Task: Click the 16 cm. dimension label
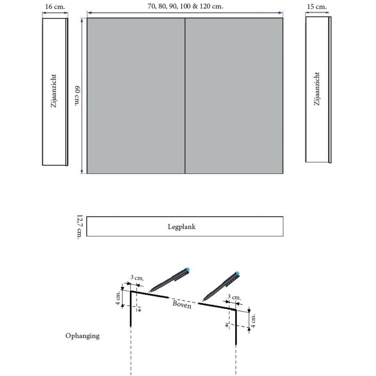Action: coord(54,7)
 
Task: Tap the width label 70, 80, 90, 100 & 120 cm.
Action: coord(185,7)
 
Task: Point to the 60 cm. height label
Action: coord(77,95)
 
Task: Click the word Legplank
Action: coord(184,227)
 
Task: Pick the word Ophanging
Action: coord(83,335)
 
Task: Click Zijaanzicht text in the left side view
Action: coord(53,92)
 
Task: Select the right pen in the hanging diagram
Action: coord(222,286)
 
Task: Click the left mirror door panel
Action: coord(136,95)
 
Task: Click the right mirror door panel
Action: coord(234,95)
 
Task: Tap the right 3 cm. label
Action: coord(234,297)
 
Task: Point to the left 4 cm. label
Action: coord(119,298)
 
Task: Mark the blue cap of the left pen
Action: coord(188,269)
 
